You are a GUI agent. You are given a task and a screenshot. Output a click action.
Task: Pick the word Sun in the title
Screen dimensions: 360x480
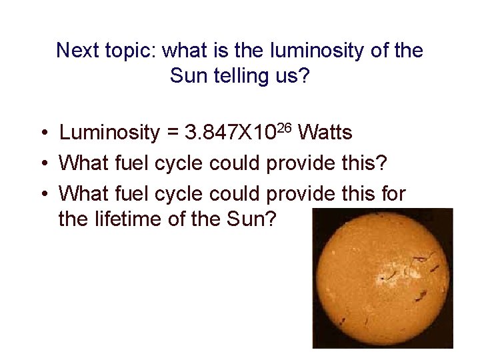tap(185, 76)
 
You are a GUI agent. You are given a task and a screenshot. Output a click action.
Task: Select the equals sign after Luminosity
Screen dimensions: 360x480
tap(172, 134)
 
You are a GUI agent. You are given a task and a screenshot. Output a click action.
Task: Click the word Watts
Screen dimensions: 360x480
tap(325, 133)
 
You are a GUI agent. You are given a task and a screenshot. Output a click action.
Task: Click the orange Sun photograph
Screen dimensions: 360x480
tap(382, 278)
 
